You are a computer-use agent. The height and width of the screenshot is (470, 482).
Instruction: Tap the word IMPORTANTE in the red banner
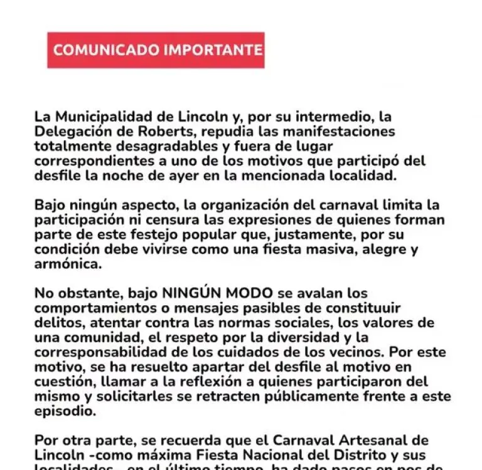pyautogui.click(x=213, y=50)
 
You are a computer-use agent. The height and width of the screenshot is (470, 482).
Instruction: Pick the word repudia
pyautogui.click(x=240, y=132)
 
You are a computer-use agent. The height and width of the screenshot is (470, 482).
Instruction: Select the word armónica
pyautogui.click(x=67, y=264)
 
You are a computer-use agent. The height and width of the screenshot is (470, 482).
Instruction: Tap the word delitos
pyautogui.click(x=58, y=323)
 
